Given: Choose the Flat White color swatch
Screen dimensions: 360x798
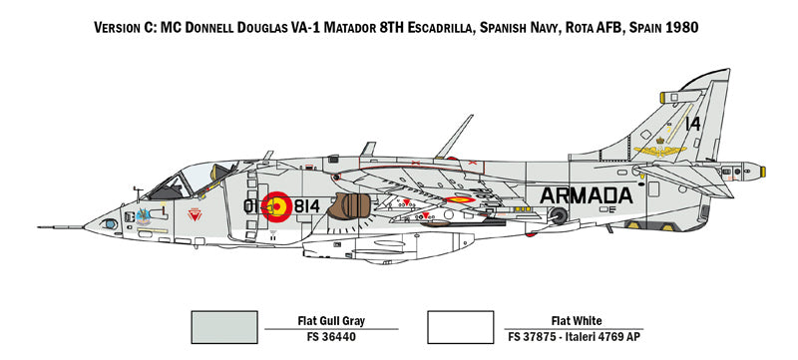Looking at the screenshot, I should (x=460, y=324).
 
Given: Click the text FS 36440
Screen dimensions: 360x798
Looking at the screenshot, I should (x=329, y=338).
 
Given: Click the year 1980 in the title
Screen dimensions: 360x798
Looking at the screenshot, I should (x=678, y=28).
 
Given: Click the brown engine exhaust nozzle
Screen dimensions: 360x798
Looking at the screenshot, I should (x=349, y=207).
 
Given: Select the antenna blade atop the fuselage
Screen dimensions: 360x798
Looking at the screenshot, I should (x=454, y=135).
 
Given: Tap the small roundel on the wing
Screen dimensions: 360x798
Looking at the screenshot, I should (x=459, y=199).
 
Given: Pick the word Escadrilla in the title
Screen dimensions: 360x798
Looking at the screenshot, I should (x=464, y=28).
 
